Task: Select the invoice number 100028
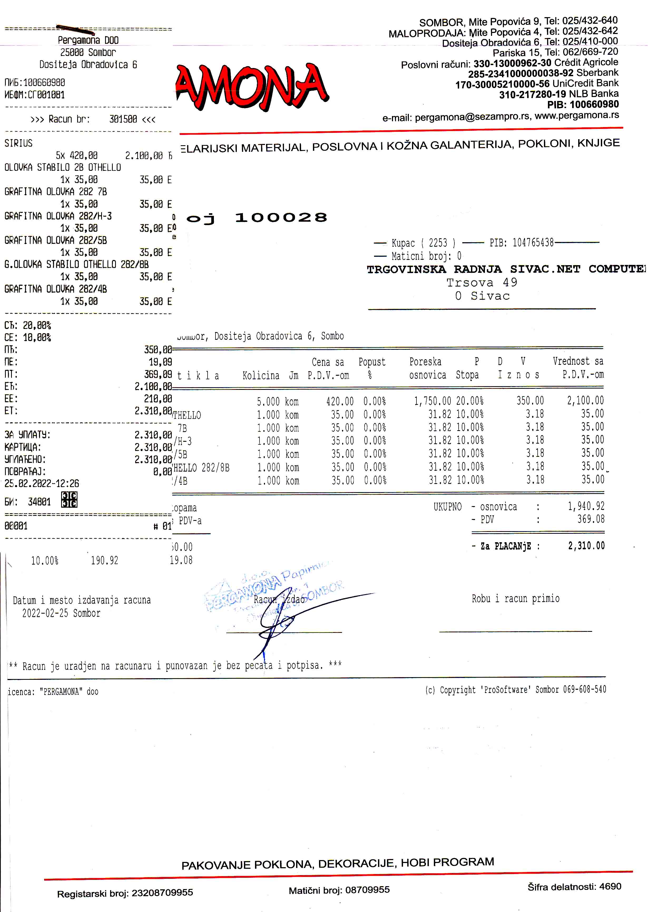point(281,218)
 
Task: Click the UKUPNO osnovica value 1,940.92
point(586,506)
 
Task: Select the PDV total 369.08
point(591,519)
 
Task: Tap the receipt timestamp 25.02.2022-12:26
point(42,484)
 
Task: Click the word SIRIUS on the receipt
point(18,143)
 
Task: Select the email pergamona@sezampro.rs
point(472,117)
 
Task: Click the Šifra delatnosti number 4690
point(610,886)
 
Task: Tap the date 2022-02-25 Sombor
point(61,613)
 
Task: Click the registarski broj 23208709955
point(162,892)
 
